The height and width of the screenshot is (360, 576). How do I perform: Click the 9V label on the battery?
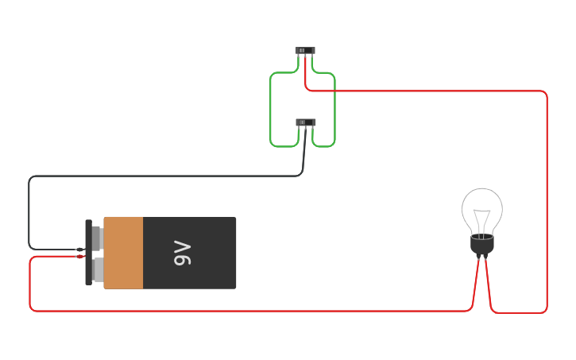[182, 253]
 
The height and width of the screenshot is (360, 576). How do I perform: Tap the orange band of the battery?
[123, 253]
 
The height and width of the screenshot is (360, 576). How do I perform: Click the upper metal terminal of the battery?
[98, 238]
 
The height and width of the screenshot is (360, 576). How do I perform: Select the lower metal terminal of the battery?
[98, 269]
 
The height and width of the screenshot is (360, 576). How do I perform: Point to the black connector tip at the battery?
[79, 250]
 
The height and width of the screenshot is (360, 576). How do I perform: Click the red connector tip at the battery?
[79, 257]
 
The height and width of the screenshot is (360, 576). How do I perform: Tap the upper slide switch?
[305, 50]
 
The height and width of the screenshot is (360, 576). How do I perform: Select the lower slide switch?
[306, 122]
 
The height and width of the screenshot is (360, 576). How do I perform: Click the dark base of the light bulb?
[482, 245]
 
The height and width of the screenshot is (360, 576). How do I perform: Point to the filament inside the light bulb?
[482, 219]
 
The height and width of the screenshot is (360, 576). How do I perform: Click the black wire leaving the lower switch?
[159, 176]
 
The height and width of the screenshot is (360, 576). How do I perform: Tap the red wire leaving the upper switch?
[437, 91]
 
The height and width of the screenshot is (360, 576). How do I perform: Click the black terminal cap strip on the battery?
[88, 253]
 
